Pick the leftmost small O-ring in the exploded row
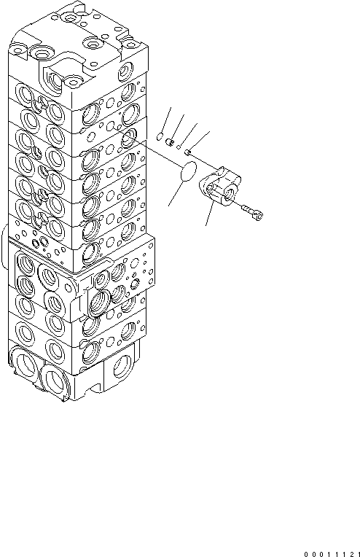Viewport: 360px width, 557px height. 161,135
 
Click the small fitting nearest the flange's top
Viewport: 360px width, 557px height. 189,152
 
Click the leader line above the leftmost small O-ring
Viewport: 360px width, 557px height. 166,117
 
